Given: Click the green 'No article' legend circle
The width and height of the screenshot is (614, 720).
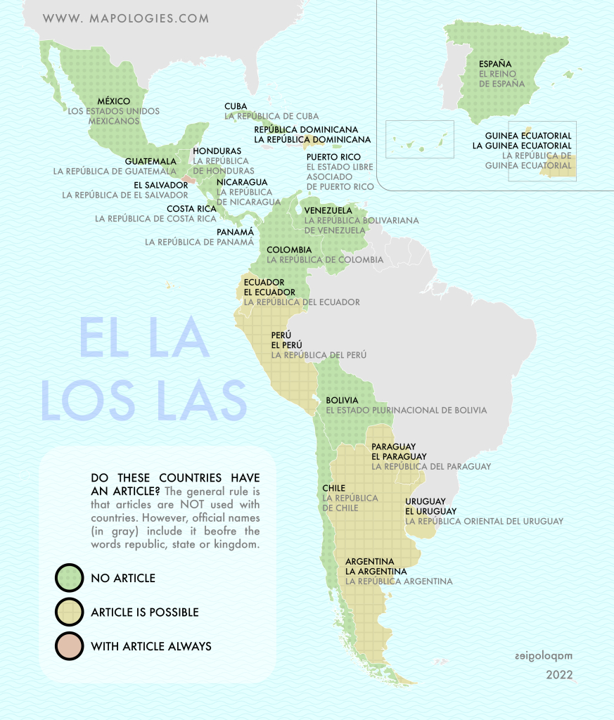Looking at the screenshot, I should coord(69,578).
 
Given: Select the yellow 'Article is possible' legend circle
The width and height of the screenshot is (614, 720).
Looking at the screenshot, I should coord(69,612).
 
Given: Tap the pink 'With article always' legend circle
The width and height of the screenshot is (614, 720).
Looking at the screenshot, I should coord(69,645).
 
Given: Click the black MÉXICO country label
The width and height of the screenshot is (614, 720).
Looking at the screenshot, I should coord(113,101).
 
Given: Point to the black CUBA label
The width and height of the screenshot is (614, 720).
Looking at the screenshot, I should coord(236,106).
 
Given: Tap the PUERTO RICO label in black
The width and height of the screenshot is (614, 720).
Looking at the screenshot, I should coord(333,157).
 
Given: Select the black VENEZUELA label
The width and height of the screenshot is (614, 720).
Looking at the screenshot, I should coord(328,210).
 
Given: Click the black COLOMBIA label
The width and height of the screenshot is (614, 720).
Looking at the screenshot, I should coord(289,250).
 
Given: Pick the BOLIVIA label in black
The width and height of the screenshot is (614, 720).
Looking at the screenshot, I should coord(342,400).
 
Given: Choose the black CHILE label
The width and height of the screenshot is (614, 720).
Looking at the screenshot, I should coord(333,488).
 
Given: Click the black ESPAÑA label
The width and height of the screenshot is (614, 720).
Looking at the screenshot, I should coord(496,64).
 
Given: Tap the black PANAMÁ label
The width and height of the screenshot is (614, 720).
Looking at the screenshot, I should coord(236,231).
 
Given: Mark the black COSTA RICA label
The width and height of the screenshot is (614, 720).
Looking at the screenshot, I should coord(191,209).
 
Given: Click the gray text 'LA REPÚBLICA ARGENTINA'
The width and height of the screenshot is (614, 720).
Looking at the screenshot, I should coord(399,581).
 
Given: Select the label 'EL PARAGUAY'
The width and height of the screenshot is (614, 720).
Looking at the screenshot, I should coord(399,456).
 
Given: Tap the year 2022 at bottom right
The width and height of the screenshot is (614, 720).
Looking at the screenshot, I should coord(559,675).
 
